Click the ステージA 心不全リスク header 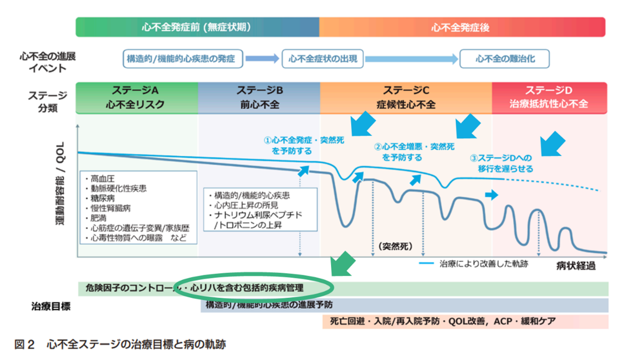137,97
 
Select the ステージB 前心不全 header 260,97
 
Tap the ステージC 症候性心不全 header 406,97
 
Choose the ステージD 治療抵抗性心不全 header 548,97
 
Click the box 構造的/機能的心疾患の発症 181,59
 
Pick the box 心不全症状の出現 323,59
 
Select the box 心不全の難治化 504,59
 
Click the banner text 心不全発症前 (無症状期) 198,27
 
